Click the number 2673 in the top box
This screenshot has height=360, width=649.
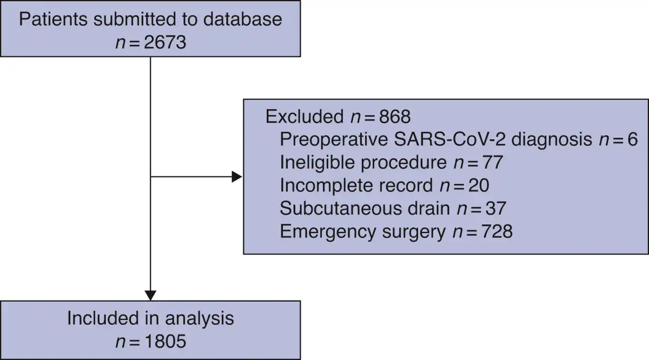point(165,42)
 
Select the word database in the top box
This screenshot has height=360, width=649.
point(242,19)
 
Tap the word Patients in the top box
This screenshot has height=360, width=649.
point(54,19)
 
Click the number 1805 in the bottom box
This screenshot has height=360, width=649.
point(165,341)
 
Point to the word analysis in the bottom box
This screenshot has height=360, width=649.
point(200,318)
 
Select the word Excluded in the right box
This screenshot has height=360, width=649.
point(304,116)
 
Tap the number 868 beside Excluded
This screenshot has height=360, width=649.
point(395,117)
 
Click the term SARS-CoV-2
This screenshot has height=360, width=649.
point(449,139)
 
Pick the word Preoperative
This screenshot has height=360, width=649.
point(334,139)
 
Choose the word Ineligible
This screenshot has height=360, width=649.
point(317,162)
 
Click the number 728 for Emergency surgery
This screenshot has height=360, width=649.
point(496,232)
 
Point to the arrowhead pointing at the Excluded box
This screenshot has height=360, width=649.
point(237,177)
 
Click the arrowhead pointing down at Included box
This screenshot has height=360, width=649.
point(150,296)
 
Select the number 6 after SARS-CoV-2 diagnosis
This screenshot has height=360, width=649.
point(632,139)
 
